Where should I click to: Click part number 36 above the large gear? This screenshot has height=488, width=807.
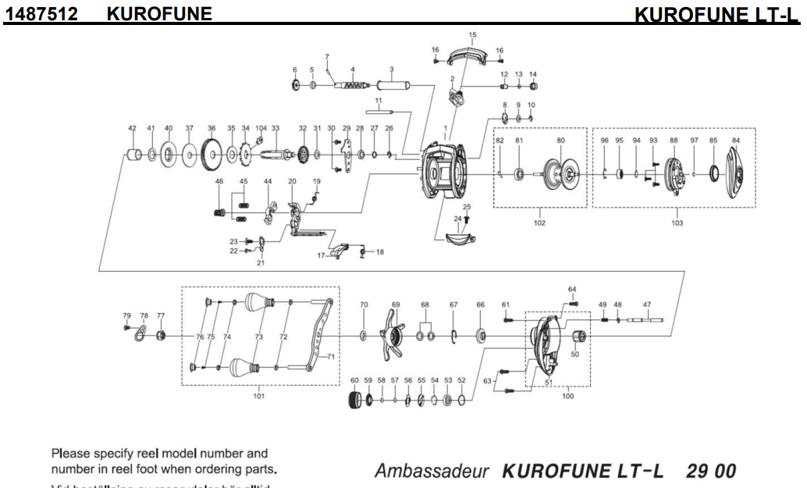(x=211, y=128)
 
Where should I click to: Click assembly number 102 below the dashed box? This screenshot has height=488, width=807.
(x=539, y=223)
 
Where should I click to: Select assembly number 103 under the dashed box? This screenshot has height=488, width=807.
(x=676, y=223)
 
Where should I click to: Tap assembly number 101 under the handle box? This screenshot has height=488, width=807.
(x=258, y=396)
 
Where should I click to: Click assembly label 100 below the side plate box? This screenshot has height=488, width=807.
(x=567, y=396)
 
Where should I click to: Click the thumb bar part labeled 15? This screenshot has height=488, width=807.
(x=471, y=56)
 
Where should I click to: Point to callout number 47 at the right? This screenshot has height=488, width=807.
(x=646, y=304)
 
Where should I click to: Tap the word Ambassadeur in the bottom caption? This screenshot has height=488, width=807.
(x=432, y=472)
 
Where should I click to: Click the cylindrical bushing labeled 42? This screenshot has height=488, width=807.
(x=133, y=154)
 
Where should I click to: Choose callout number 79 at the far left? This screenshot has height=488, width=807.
(x=126, y=315)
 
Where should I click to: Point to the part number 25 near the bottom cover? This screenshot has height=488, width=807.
(x=467, y=206)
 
